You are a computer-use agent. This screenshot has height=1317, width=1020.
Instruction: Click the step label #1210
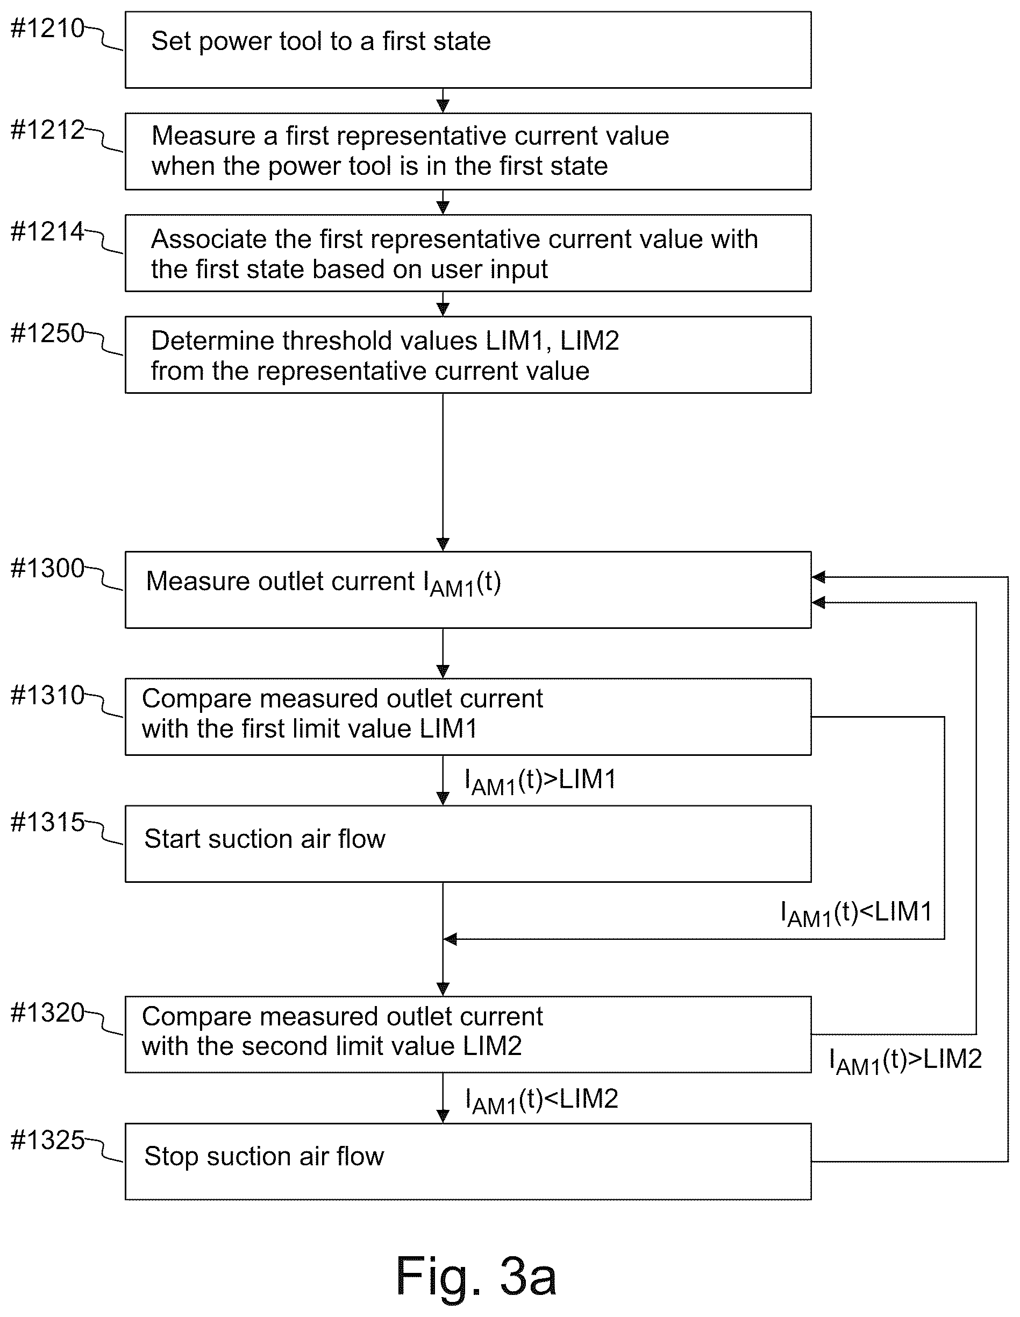click(x=48, y=29)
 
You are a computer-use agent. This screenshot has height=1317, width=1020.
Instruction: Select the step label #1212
click(x=48, y=130)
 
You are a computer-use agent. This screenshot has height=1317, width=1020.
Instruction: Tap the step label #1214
click(x=48, y=231)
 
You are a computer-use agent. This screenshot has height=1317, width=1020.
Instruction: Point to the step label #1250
click(x=48, y=333)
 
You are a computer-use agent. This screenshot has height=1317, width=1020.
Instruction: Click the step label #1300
click(x=48, y=568)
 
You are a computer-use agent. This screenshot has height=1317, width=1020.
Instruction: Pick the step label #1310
click(x=48, y=695)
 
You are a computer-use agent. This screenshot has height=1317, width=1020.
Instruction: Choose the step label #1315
click(x=48, y=822)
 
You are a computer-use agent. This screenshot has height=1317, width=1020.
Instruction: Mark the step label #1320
click(x=48, y=1013)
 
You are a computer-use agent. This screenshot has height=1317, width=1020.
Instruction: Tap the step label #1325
click(x=48, y=1141)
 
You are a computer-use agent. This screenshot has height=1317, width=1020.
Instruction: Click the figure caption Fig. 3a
click(x=476, y=1276)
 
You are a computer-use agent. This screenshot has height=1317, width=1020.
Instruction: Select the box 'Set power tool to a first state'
click(x=468, y=50)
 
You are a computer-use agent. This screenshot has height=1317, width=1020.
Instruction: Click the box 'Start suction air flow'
click(x=468, y=844)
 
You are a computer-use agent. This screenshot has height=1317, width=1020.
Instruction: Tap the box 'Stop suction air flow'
click(x=468, y=1162)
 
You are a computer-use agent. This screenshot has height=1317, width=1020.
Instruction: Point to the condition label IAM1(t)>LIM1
click(x=540, y=782)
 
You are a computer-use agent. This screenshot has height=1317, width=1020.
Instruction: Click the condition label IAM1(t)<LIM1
click(x=857, y=914)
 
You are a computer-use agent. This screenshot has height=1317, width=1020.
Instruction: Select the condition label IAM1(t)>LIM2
click(x=905, y=1061)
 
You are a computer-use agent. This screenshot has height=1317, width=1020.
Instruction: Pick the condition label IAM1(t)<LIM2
click(x=541, y=1101)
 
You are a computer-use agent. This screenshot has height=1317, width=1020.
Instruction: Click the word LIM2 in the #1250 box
click(x=589, y=341)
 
